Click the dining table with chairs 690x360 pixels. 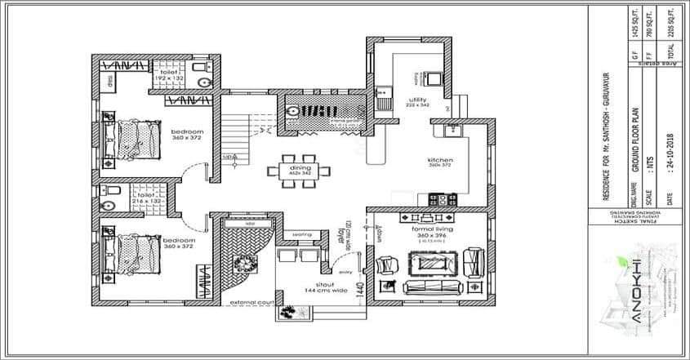click(299, 170)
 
